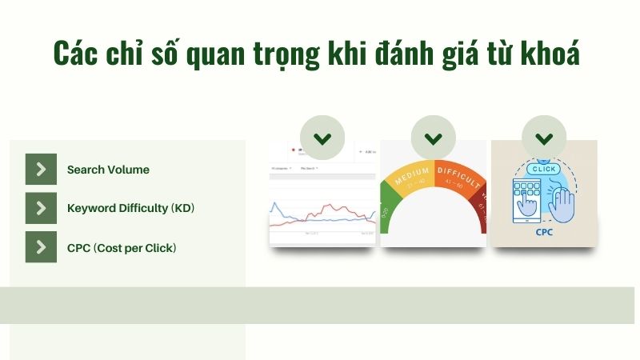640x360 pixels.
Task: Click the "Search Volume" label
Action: (108, 170)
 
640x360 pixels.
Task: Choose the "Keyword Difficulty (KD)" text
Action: (130, 208)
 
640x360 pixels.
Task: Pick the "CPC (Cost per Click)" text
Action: (122, 247)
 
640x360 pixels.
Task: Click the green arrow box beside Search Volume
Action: (41, 170)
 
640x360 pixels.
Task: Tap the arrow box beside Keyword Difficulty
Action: (41, 208)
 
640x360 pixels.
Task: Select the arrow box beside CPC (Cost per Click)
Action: (41, 247)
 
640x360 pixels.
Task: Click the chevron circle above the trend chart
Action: (322, 138)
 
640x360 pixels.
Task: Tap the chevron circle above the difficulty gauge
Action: (433, 138)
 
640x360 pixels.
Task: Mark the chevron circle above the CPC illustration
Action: (544, 138)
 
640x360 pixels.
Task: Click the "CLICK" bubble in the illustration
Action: (544, 169)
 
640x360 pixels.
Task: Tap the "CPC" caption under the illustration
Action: (544, 234)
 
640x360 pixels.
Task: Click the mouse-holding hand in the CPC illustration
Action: (562, 204)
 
